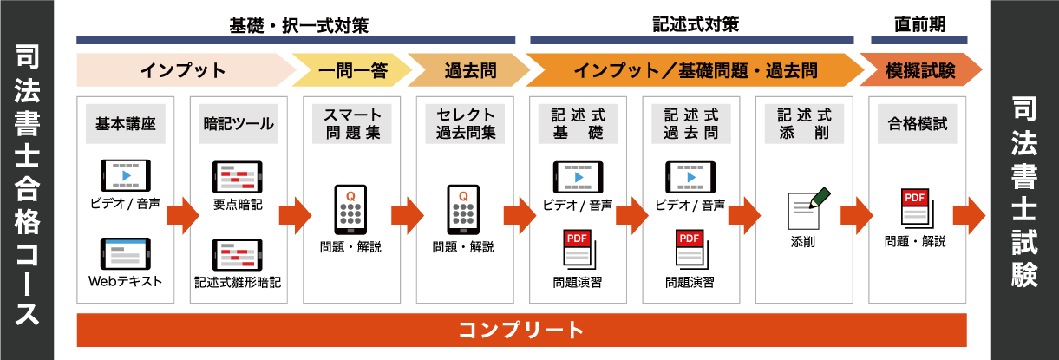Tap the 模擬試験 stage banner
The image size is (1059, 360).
click(x=920, y=70)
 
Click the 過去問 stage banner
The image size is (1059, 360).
click(x=465, y=70)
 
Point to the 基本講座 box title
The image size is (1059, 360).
click(x=125, y=123)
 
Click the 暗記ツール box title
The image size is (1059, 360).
click(x=238, y=123)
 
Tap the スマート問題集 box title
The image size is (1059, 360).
click(x=351, y=123)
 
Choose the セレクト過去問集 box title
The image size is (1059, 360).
click(x=465, y=123)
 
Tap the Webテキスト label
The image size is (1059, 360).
click(x=125, y=282)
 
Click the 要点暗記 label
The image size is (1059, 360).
click(x=238, y=205)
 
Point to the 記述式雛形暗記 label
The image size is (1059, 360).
click(x=238, y=282)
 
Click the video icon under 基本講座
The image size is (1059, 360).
click(x=125, y=174)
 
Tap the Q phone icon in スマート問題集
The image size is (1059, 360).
click(x=351, y=209)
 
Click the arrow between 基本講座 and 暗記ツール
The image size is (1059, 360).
click(x=182, y=213)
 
